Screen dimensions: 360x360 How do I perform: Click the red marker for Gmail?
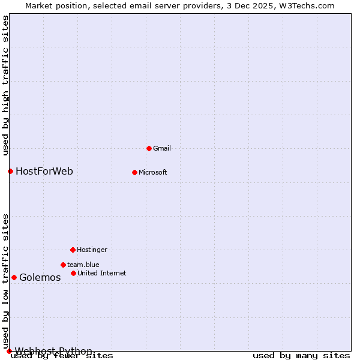tap(149, 148)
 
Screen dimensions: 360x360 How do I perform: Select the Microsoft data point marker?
tap(134, 172)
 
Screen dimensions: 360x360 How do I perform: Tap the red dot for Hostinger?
tap(73, 250)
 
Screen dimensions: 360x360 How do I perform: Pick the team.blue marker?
tap(63, 265)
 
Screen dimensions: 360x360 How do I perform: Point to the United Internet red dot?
tap(73, 273)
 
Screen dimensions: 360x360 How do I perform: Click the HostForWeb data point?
tap(10, 171)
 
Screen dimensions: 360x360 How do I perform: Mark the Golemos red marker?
tap(14, 277)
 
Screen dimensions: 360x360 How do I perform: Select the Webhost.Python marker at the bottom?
tap(9, 351)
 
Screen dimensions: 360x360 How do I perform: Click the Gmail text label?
tap(162, 148)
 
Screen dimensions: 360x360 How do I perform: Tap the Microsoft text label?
tap(153, 172)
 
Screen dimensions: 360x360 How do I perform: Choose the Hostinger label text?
tap(92, 250)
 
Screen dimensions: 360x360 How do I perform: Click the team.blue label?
tap(83, 265)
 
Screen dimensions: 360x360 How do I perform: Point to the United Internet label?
tap(102, 273)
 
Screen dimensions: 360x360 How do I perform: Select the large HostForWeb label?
tap(44, 171)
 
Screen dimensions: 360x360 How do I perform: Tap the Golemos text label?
tap(40, 277)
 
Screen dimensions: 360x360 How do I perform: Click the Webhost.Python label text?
tap(53, 351)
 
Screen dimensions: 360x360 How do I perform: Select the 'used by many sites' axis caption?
tap(301, 356)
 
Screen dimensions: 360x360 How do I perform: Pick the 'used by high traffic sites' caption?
tap(5, 85)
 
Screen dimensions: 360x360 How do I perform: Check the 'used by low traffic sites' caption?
tap(5, 281)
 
